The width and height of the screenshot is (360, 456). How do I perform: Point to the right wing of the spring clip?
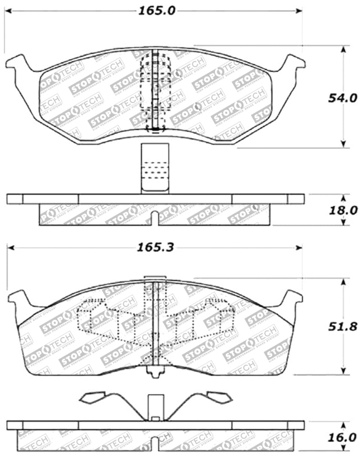218,397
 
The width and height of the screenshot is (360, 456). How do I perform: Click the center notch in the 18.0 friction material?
155,218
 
